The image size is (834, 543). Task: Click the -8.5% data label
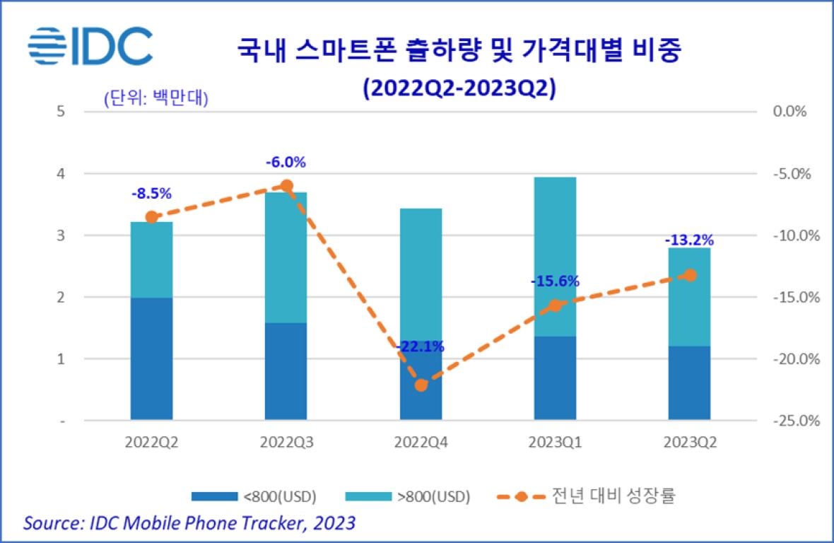(x=151, y=193)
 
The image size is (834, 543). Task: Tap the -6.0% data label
(x=286, y=162)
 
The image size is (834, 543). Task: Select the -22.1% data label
(x=421, y=346)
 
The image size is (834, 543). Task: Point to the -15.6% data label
(x=555, y=281)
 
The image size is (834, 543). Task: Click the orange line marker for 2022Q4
(x=421, y=385)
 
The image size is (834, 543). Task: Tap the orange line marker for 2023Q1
(x=556, y=305)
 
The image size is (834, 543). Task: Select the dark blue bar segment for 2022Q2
(x=151, y=359)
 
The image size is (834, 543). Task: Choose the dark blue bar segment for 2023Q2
(x=689, y=383)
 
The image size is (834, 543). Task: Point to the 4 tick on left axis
(x=61, y=173)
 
